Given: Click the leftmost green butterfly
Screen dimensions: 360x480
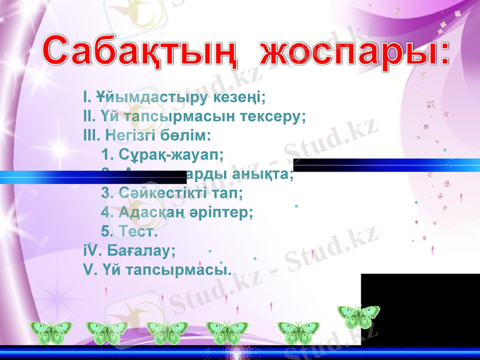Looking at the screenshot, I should coord(51,332).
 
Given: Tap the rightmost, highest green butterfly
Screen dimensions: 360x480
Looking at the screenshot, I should coord(358,316).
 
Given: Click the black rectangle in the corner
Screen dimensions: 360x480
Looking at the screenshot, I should coord(420,306).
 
